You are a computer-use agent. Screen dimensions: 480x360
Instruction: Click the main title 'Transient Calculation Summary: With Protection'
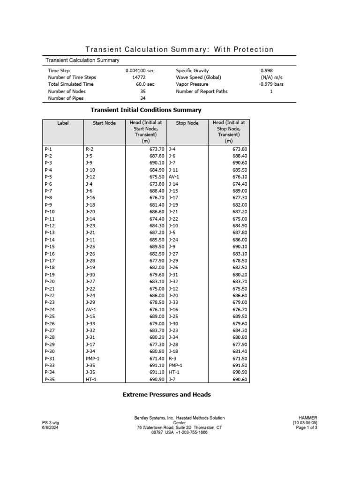pos(179,50)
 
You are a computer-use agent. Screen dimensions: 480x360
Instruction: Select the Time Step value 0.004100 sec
pos(140,70)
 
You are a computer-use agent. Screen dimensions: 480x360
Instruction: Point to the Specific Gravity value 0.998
pos(266,70)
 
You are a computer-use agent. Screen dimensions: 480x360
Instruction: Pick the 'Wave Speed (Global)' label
pos(198,77)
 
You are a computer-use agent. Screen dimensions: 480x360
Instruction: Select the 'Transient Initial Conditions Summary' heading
pos(146,110)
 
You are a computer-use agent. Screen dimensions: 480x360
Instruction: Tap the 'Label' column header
pos(63,123)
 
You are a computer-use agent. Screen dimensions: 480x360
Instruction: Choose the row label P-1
pos(48,149)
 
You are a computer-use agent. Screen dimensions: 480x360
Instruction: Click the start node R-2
pos(90,149)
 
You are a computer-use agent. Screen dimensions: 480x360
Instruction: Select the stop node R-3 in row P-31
pos(173,359)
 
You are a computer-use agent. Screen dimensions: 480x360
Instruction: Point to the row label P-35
pos(50,379)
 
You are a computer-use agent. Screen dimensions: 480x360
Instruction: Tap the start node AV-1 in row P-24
pos(91,310)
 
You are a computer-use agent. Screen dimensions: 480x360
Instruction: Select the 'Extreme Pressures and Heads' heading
pos(166,395)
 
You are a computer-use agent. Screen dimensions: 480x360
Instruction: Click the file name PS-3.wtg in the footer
pos(51,422)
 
